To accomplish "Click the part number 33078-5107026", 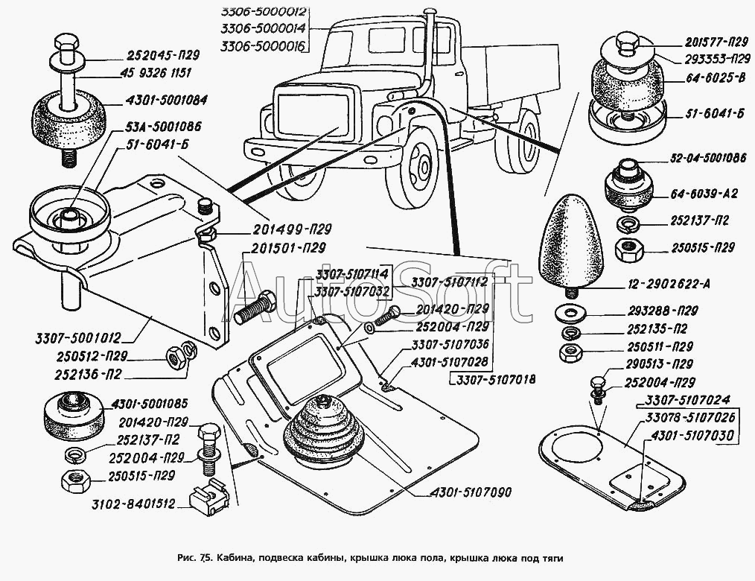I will [x=691, y=418].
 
